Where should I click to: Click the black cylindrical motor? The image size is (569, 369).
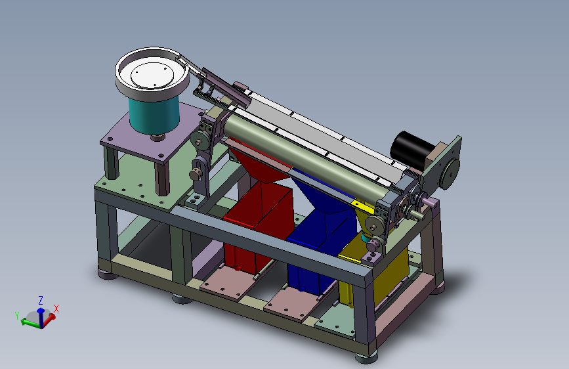click(x=411, y=150)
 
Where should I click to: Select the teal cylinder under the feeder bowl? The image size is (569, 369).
click(x=154, y=114)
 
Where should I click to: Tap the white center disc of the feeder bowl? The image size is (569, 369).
click(x=152, y=76)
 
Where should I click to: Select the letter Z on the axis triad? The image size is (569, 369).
click(x=41, y=300)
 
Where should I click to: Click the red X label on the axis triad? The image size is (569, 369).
click(x=56, y=309)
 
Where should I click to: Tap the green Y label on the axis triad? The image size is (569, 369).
click(x=17, y=316)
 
